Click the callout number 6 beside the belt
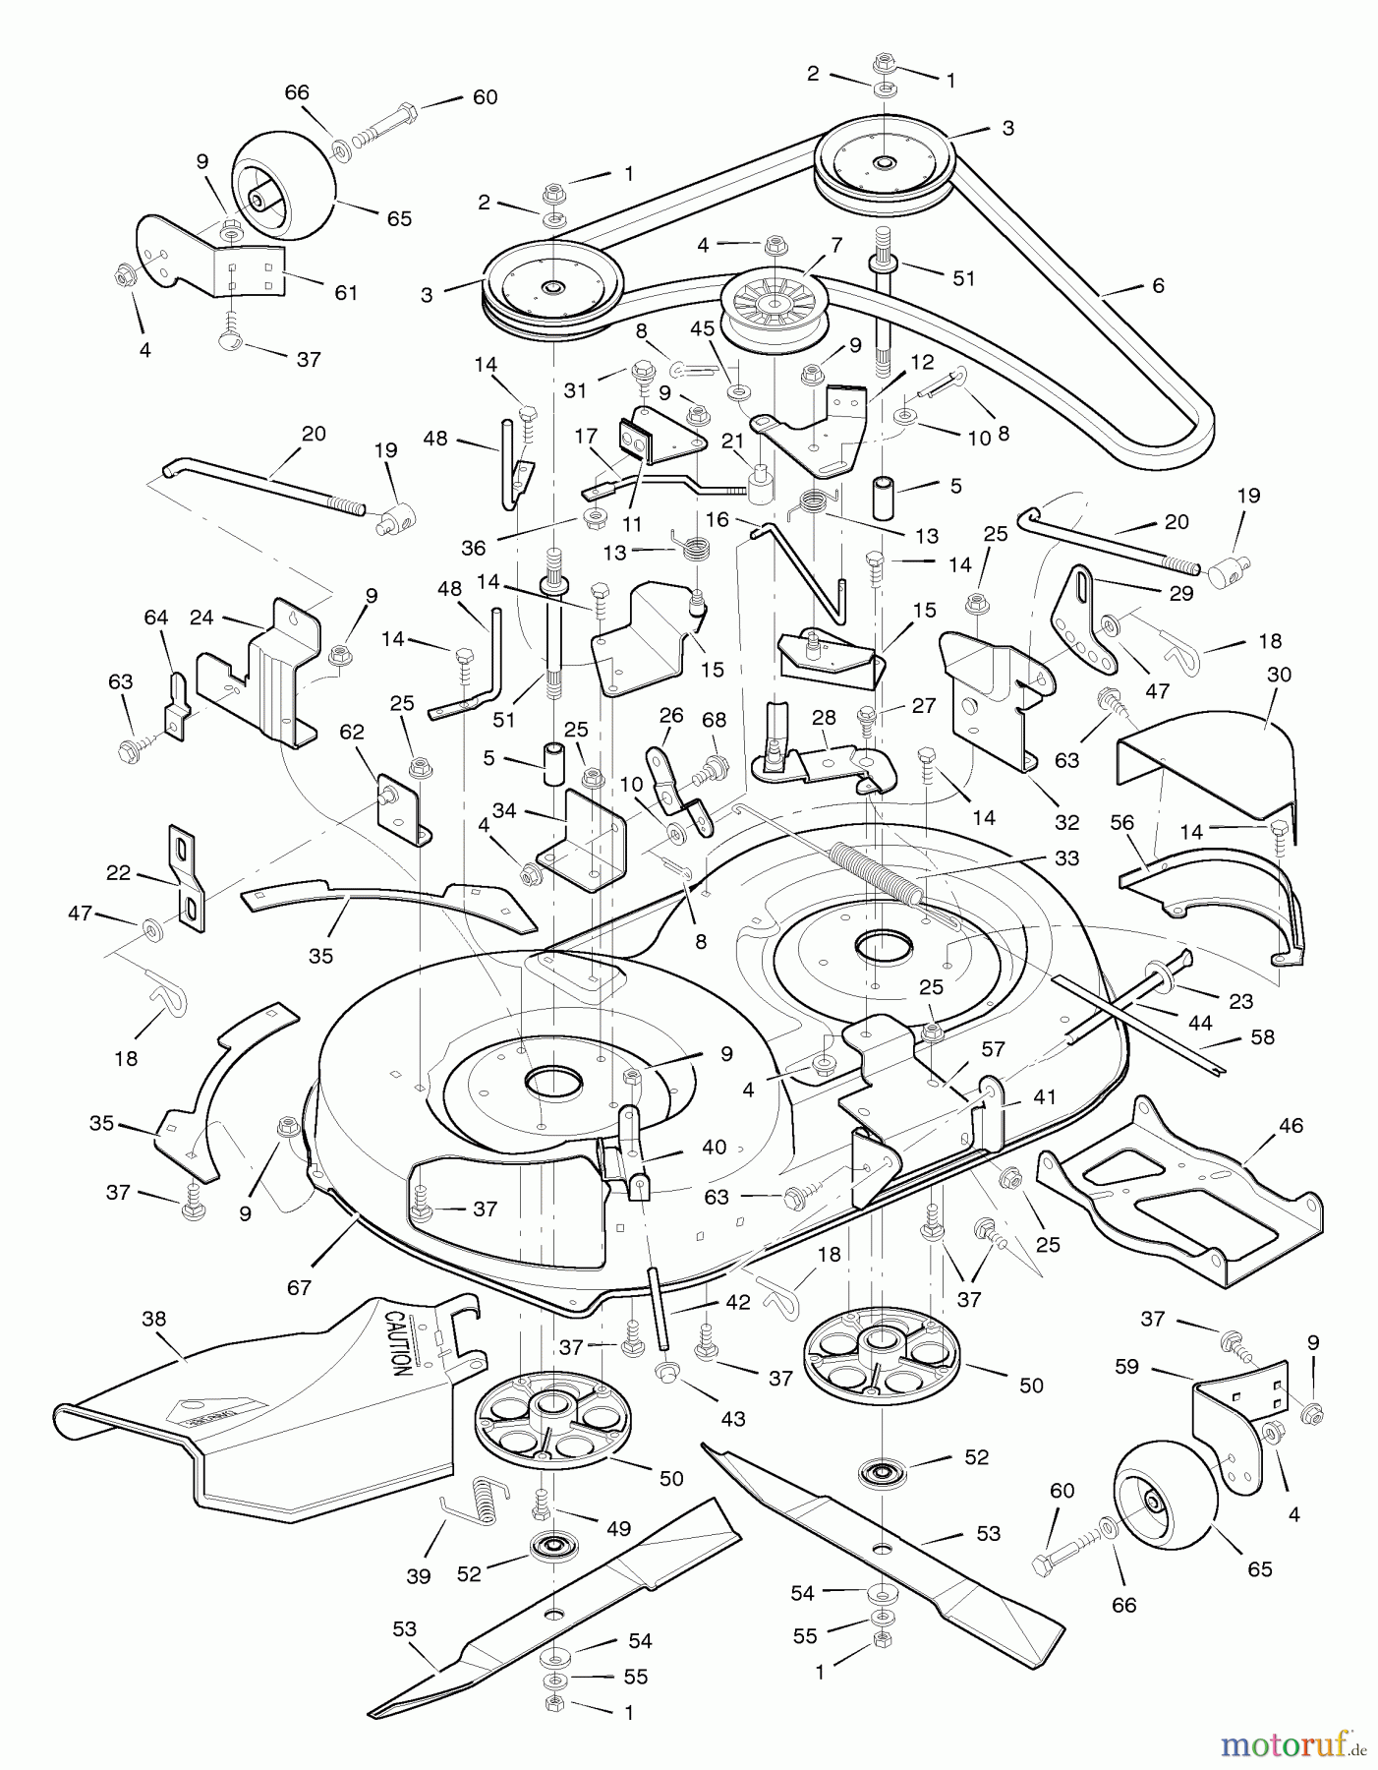point(1158,285)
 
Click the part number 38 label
point(154,1321)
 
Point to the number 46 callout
point(1291,1125)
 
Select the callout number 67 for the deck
point(298,1287)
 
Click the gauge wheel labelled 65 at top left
point(283,189)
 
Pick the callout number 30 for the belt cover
point(1279,675)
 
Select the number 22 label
point(118,873)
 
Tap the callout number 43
point(732,1418)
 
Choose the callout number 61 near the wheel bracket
point(345,292)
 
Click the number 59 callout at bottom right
point(1127,1366)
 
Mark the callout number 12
point(921,362)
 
